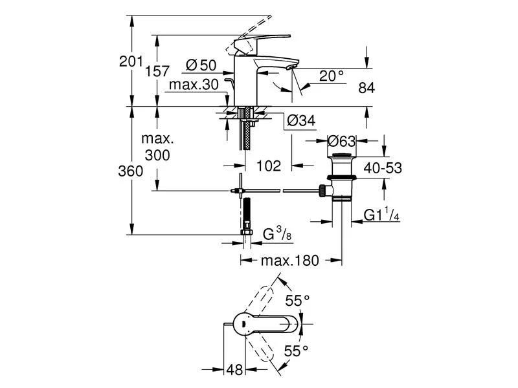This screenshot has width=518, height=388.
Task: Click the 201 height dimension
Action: (x=131, y=62)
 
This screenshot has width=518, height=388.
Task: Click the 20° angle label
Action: (x=332, y=76)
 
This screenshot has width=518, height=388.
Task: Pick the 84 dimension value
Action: (x=366, y=87)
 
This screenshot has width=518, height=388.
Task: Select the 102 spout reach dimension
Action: (x=269, y=166)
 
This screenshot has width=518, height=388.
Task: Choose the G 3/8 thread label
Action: (x=276, y=236)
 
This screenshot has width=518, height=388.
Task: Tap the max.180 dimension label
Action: (x=290, y=261)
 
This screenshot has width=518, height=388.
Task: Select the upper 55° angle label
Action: (x=298, y=301)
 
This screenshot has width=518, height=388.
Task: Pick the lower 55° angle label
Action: (x=298, y=351)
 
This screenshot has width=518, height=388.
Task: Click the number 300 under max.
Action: (x=157, y=155)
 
